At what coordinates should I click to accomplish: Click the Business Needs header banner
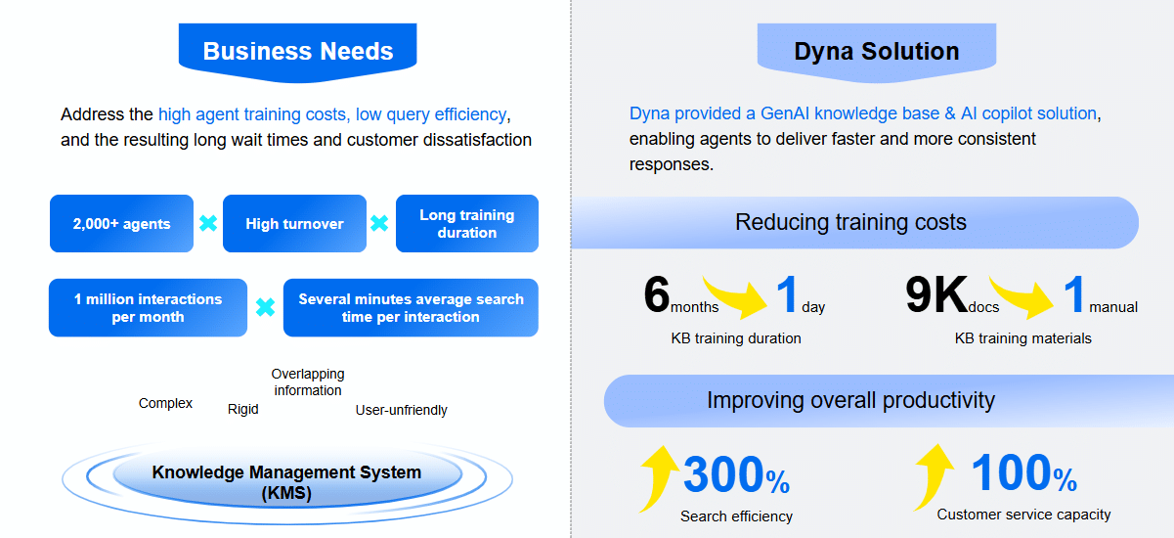(298, 52)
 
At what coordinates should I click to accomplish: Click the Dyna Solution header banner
(876, 52)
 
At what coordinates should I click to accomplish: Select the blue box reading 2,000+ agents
(121, 224)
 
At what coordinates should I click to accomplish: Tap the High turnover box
(294, 224)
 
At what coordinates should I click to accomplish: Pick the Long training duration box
(466, 224)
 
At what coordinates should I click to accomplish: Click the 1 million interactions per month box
(148, 308)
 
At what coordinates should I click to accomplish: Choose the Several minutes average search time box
(411, 308)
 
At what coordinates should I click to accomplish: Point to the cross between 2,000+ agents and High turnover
(207, 224)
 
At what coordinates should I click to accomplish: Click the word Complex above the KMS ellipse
(165, 403)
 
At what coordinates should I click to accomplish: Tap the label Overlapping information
(308, 382)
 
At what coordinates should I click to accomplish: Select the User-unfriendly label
(401, 410)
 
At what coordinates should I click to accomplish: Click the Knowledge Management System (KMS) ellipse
(286, 481)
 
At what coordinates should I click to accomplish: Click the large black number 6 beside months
(657, 295)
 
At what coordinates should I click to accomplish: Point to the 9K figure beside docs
(935, 295)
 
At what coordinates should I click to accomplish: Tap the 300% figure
(735, 475)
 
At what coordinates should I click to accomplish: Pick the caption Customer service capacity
(1023, 515)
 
